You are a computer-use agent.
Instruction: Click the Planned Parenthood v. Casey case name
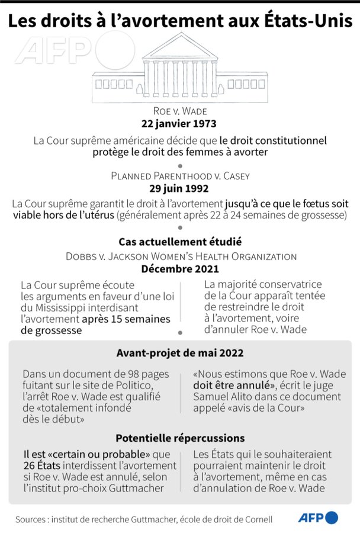click(x=180, y=176)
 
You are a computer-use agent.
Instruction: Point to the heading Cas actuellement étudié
click(x=180, y=242)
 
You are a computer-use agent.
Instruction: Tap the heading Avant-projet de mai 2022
click(x=179, y=353)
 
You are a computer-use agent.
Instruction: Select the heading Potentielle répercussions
click(x=180, y=438)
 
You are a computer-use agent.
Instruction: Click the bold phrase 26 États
click(x=41, y=466)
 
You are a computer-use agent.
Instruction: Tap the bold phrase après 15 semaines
click(x=126, y=319)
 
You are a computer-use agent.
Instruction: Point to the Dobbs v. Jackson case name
click(x=180, y=256)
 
